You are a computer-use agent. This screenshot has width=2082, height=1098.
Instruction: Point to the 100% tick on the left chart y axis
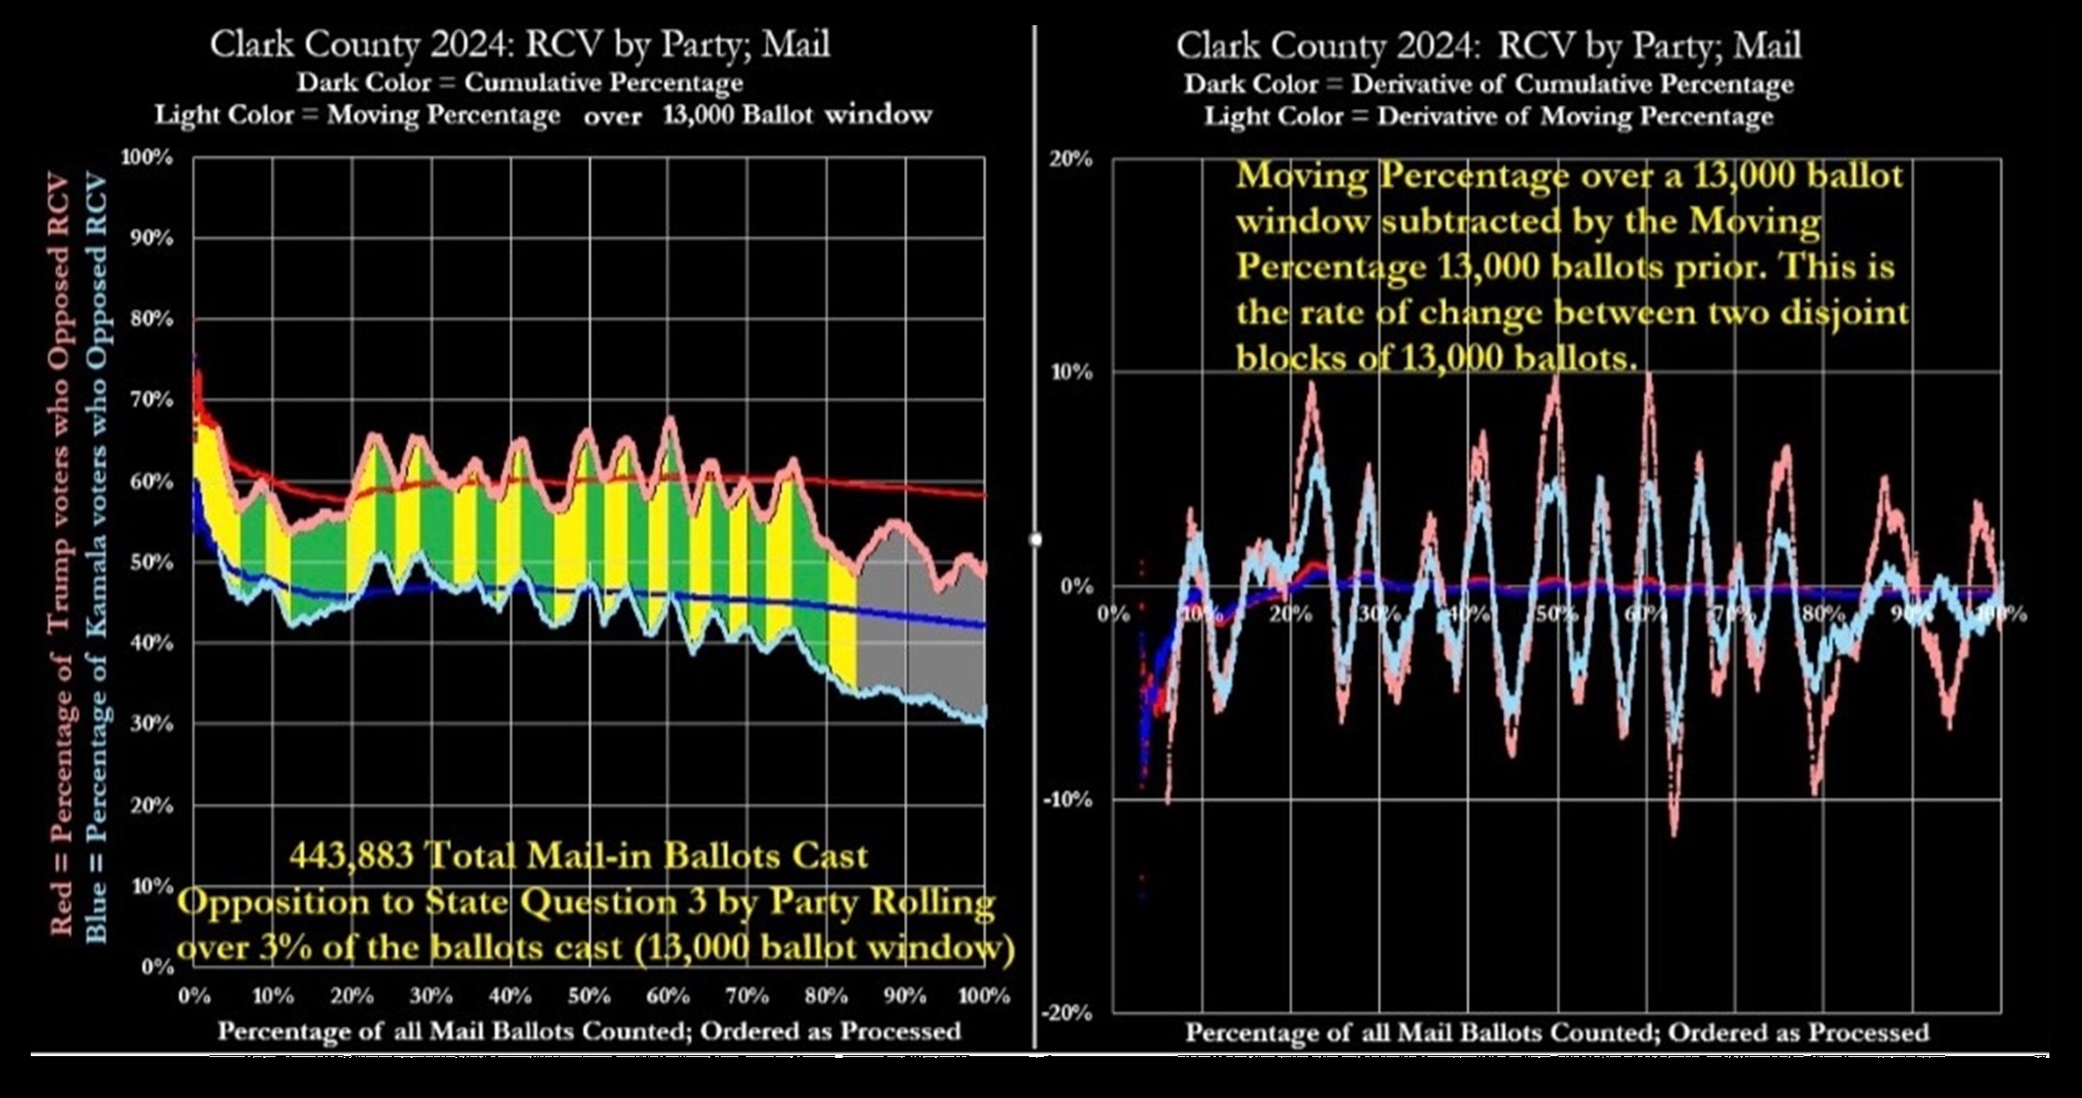(x=146, y=157)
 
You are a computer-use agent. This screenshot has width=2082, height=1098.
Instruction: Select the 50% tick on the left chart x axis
(x=588, y=996)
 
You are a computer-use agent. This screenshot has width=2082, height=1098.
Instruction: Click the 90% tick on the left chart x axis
(x=905, y=996)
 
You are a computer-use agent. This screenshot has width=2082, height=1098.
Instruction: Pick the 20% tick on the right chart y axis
(x=1071, y=158)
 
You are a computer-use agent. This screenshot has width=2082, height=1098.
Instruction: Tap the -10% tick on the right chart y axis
(x=1067, y=800)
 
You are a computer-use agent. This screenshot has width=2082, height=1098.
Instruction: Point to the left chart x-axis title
(x=588, y=1031)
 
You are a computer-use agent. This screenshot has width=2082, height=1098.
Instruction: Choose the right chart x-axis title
(x=1556, y=1033)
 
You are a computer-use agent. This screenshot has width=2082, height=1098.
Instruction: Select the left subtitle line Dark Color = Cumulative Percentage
(x=520, y=83)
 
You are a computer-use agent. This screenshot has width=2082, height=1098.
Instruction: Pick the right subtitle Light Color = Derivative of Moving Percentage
(x=1488, y=117)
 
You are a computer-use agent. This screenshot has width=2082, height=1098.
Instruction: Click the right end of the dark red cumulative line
(x=983, y=496)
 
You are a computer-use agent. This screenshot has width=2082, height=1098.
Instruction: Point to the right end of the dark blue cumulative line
(x=983, y=626)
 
